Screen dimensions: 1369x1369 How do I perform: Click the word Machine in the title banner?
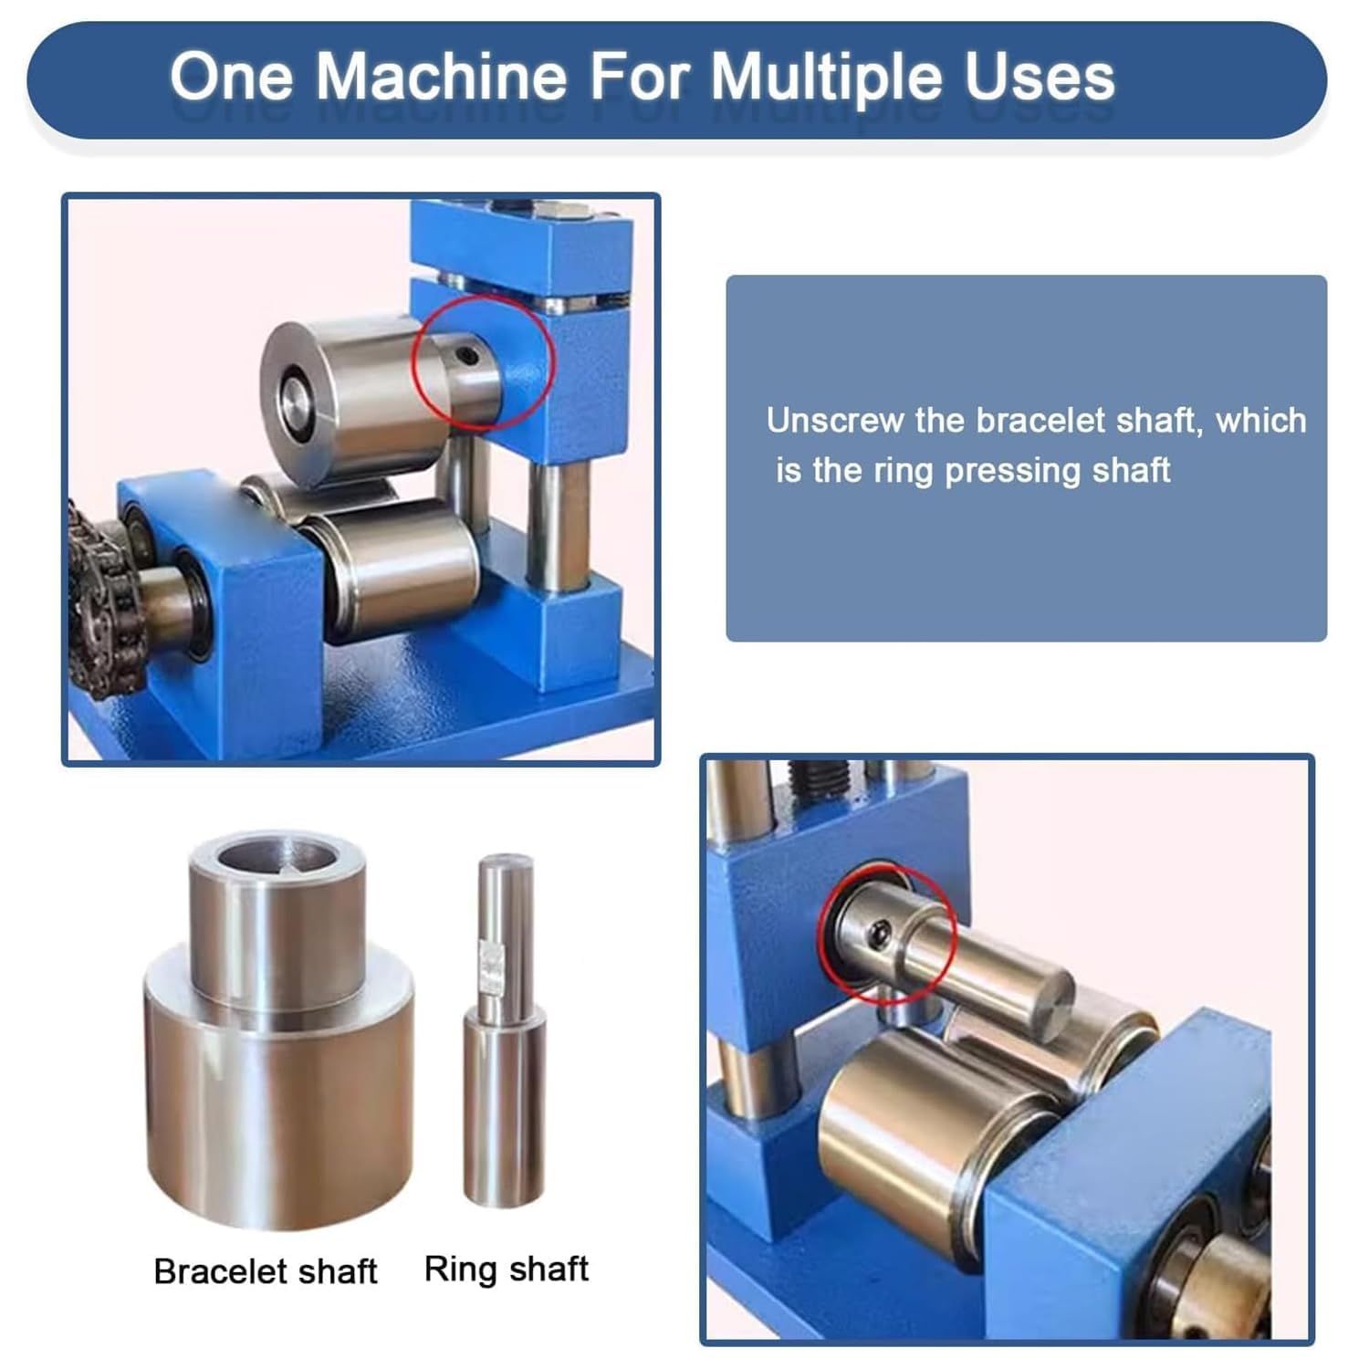click(x=442, y=76)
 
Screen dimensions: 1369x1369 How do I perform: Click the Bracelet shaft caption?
click(x=266, y=1271)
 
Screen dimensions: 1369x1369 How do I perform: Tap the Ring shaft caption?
click(x=507, y=1270)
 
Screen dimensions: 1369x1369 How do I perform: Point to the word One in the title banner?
click(x=232, y=76)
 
